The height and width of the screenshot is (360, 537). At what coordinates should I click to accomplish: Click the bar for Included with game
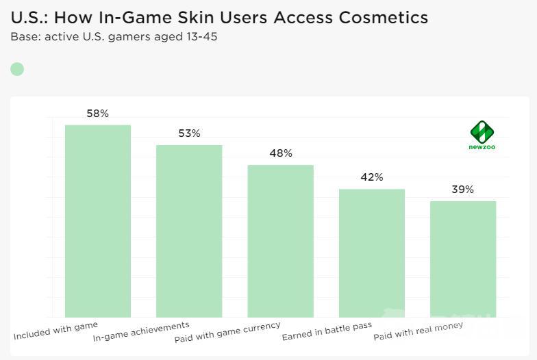[97, 221]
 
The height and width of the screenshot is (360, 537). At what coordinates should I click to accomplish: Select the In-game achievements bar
[189, 231]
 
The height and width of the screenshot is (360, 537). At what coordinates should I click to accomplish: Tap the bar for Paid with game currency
[280, 241]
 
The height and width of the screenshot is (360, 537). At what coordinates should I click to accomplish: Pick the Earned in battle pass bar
[372, 253]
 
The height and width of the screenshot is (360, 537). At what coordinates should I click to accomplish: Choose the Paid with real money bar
[463, 259]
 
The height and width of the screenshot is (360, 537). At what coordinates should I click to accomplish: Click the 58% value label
[97, 114]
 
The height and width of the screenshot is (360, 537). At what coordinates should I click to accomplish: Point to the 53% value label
[189, 133]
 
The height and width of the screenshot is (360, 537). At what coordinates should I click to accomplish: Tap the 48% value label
[281, 153]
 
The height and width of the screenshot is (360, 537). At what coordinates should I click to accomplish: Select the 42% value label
[372, 177]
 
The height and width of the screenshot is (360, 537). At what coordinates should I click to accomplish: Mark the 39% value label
[463, 190]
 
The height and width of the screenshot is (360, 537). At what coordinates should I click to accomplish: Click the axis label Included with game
[56, 331]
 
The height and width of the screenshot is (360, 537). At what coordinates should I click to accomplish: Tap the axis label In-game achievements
[141, 332]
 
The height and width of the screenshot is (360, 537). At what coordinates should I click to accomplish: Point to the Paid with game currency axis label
[227, 332]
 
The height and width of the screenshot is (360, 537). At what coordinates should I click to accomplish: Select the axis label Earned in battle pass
[327, 333]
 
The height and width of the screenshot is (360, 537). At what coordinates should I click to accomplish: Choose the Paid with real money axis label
[418, 331]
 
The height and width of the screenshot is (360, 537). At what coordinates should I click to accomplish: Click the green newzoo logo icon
[482, 131]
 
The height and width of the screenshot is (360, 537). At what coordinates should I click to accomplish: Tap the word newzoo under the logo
[482, 147]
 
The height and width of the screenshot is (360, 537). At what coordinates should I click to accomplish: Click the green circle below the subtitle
[17, 69]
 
